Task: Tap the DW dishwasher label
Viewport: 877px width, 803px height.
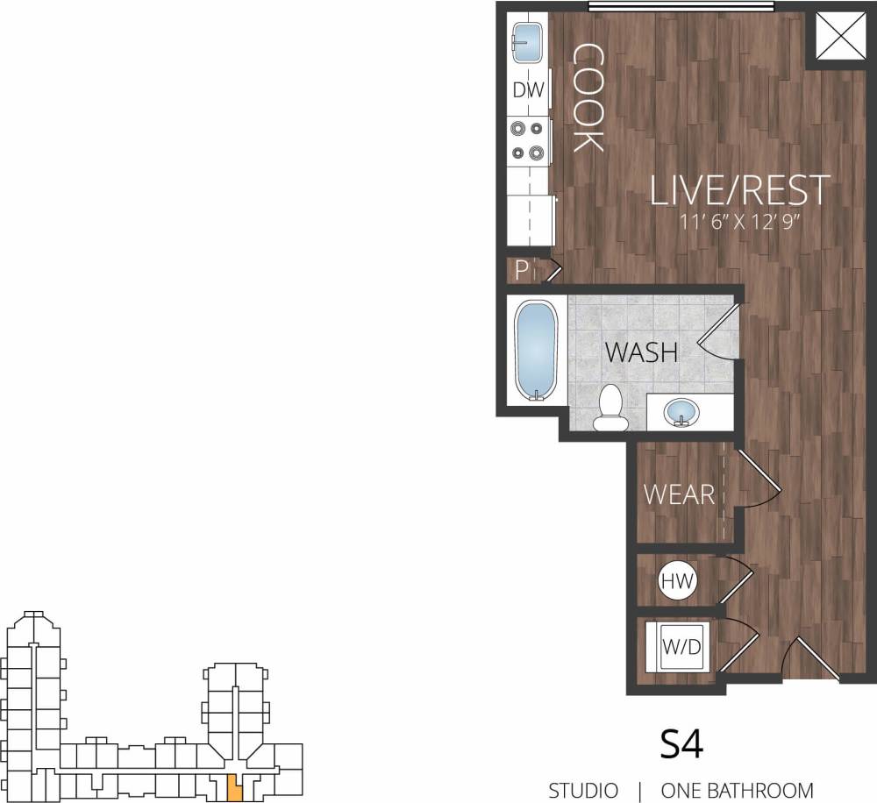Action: (x=529, y=89)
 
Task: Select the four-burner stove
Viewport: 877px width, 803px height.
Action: (x=528, y=140)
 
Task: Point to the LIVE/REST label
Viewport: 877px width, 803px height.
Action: (x=739, y=190)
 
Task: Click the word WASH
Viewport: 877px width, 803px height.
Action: (x=643, y=352)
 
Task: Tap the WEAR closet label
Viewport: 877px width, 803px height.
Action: (x=680, y=494)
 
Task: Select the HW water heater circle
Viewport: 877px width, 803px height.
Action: (x=676, y=580)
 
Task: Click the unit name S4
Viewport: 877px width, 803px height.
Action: (x=681, y=744)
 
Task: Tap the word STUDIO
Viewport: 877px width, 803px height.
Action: (x=583, y=790)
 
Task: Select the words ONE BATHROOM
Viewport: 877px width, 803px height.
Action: (x=737, y=790)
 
